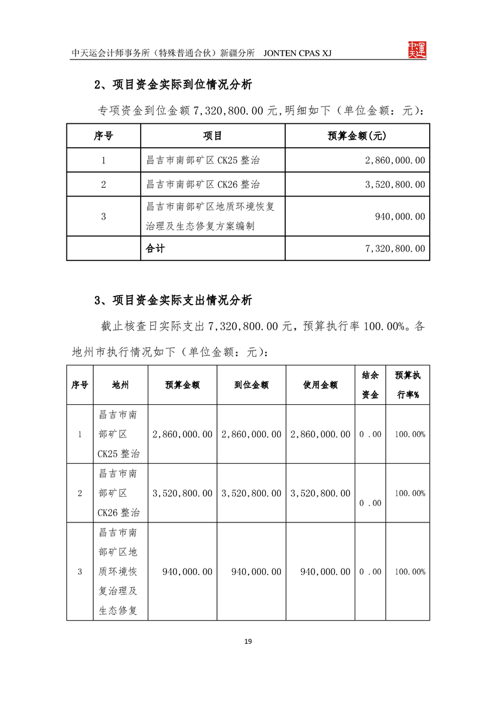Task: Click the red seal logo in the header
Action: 417,51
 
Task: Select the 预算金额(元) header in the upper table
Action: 357,136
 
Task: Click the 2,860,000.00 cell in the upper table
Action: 395,160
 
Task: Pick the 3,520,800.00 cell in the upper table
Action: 395,185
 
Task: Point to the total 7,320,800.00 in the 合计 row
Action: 395,248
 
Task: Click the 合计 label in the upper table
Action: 155,248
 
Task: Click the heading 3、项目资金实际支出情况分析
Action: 173,300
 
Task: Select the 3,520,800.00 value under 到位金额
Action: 251,493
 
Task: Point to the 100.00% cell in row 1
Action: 410,434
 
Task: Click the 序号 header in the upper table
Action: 103,136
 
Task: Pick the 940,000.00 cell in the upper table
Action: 400,216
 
